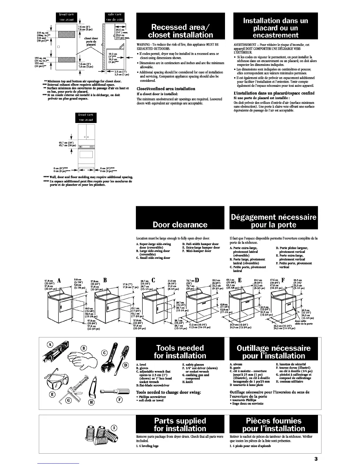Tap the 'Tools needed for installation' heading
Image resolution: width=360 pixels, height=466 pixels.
(x=180, y=352)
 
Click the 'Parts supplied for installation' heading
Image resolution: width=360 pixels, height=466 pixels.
(x=180, y=425)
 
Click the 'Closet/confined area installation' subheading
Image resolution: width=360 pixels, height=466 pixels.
(x=166, y=89)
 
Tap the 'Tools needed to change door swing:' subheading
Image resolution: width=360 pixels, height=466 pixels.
(x=169, y=392)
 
